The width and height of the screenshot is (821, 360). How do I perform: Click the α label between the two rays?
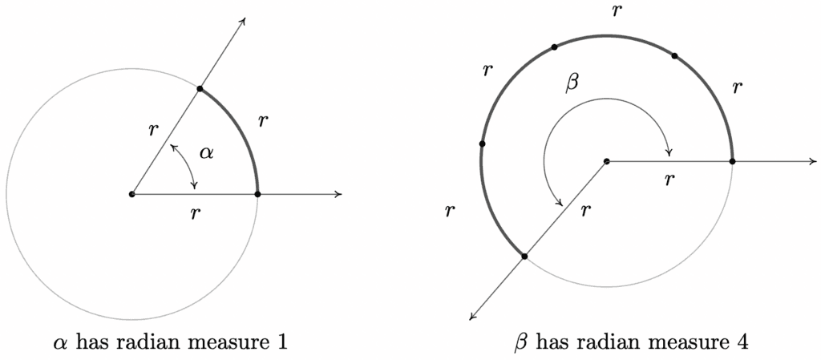[208, 153]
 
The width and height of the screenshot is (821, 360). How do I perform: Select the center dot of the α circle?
[132, 194]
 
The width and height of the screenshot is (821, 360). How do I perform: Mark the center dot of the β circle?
[607, 161]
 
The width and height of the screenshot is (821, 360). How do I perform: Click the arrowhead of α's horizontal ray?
[338, 194]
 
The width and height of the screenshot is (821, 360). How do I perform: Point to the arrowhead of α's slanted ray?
[242, 22]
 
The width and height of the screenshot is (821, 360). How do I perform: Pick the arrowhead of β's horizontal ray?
[813, 161]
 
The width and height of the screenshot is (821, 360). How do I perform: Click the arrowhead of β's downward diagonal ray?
[473, 316]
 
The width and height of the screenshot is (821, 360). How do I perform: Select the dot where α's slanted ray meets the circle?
[200, 89]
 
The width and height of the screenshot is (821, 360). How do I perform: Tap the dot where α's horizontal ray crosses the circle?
[257, 194]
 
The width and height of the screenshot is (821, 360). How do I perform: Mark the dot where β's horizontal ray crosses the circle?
[732, 161]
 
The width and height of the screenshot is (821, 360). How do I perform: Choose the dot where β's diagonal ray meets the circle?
[524, 256]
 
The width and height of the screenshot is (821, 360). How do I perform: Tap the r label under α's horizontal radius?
[196, 213]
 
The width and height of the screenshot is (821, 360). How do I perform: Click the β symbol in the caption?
[521, 344]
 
